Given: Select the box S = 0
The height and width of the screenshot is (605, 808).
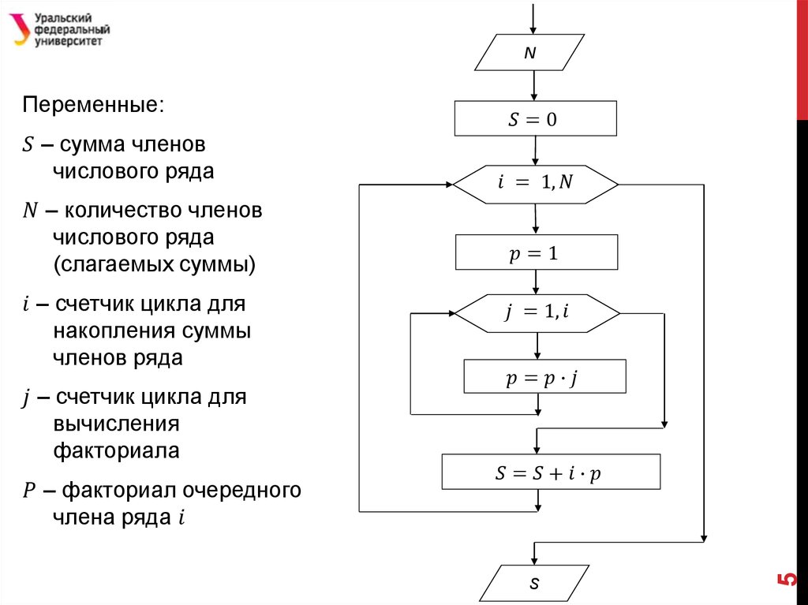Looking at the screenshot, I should tap(536, 120).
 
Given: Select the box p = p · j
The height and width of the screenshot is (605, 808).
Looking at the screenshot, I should tap(544, 377).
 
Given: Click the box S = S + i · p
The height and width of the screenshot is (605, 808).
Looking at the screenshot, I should tap(550, 472).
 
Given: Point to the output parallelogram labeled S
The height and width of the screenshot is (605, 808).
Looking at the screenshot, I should tap(534, 584).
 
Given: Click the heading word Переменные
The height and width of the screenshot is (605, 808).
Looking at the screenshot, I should tap(95, 105).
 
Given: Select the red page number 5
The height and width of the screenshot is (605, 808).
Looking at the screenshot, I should tap(787, 579).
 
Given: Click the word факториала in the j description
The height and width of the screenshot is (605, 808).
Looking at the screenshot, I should tap(116, 451).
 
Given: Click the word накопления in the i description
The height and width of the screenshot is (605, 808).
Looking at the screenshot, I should tap(115, 331).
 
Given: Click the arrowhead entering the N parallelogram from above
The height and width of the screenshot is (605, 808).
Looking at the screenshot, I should tap(534, 29).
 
